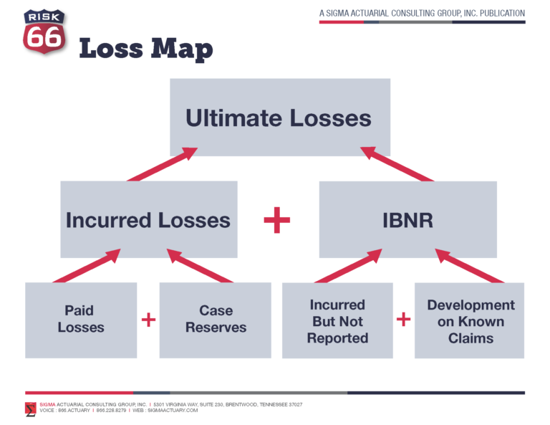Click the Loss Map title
(145, 49)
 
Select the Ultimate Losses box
(279, 118)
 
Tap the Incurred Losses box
(148, 219)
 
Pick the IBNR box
(407, 219)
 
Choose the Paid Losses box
(81, 320)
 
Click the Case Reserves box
(216, 320)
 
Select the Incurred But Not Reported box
(337, 320)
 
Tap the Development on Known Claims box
(470, 320)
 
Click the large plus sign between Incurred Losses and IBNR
(277, 220)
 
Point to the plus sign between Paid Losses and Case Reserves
(148, 320)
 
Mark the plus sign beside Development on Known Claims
(404, 320)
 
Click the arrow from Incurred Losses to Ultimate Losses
(162, 164)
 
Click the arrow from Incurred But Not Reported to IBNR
(347, 266)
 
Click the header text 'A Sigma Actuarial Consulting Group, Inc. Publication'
(422, 14)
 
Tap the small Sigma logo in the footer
(30, 409)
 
